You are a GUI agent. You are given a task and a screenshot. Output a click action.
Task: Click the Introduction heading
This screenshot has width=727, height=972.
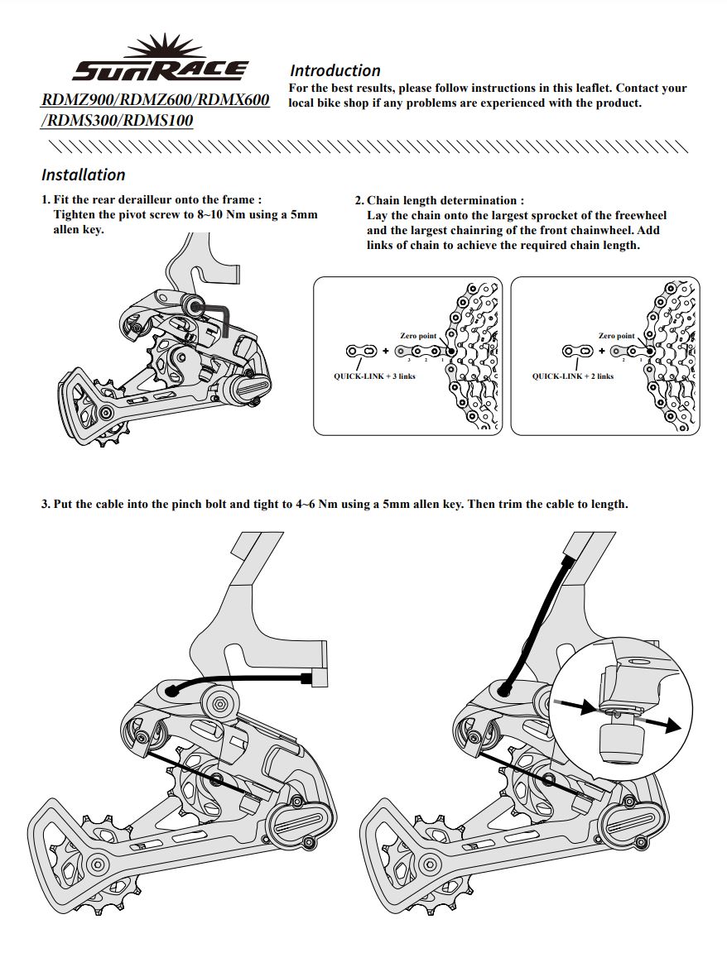[335, 71]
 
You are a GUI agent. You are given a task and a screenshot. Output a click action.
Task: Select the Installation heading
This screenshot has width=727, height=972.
[84, 175]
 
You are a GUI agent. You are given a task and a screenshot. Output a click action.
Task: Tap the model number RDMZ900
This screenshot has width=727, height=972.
[79, 100]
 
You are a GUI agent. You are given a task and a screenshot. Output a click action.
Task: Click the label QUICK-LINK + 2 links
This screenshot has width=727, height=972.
[572, 376]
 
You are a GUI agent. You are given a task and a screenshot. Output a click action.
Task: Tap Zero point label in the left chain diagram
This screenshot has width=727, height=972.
[417, 336]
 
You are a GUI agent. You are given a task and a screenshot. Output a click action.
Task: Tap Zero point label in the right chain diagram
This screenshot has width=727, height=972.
[616, 336]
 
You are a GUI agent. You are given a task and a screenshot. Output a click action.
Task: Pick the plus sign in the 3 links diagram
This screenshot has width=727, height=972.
[386, 352]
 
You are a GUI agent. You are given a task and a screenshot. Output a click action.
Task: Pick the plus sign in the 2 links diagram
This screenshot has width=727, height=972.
[601, 352]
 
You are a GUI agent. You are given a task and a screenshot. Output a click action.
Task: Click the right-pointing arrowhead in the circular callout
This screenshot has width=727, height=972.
[672, 725]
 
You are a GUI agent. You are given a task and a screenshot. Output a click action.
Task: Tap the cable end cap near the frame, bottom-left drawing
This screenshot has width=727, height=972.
[311, 679]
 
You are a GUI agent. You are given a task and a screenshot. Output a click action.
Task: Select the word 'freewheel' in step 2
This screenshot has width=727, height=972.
[640, 215]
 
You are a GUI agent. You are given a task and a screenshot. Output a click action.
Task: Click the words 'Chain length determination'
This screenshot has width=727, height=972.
[443, 200]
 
